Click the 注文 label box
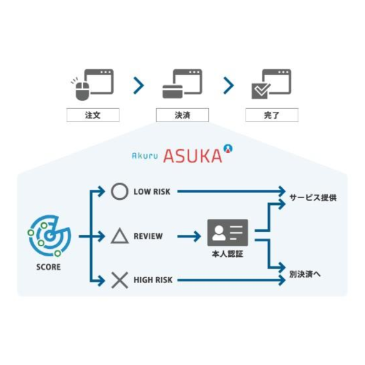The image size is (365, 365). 92,115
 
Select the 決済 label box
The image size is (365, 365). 182,115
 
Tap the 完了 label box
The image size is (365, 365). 271,115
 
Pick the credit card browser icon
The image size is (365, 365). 182,84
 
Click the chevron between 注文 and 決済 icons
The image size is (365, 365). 138,86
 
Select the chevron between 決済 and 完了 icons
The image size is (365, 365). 228,86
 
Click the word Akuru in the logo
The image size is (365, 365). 144,156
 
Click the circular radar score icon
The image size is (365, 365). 50,236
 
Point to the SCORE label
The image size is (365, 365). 49,267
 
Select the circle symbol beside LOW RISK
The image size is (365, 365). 119,191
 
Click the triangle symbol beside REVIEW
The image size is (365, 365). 119,236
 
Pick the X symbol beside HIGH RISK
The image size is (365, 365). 119,281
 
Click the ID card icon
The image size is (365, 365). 227,232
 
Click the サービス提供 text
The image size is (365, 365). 312,197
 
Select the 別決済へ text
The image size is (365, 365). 306,274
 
